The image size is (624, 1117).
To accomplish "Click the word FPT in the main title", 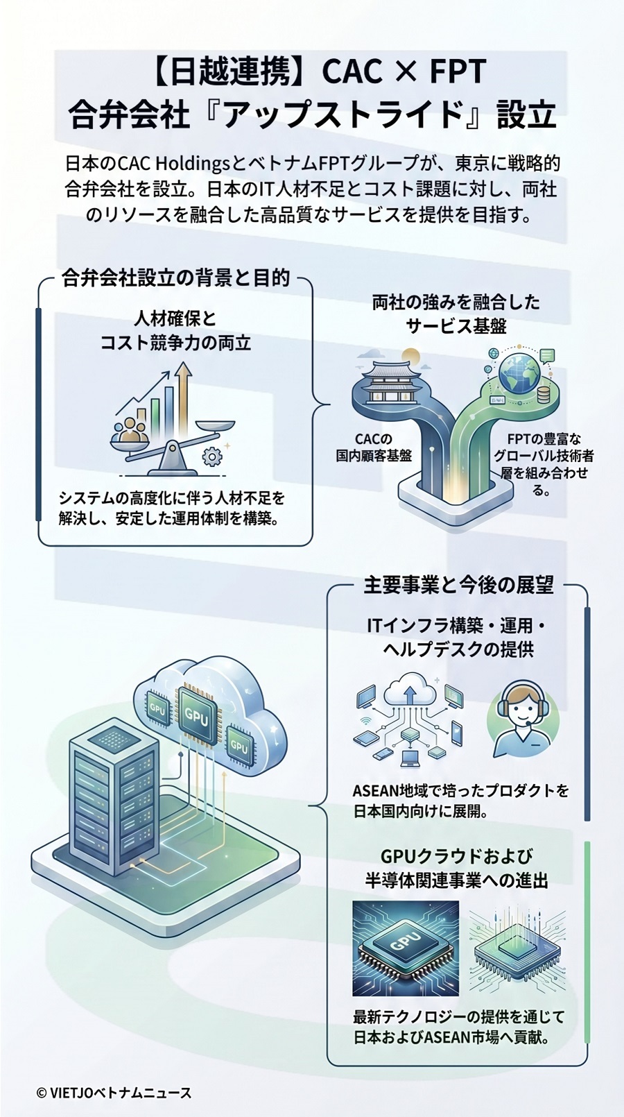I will pos(458,71).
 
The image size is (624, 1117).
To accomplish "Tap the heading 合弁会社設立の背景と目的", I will pos(175,278).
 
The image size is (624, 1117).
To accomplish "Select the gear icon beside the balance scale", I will pos(211,456).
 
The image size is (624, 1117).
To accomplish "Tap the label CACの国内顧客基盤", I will pos(374,447).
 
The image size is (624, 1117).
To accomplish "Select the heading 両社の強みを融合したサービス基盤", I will pos(456,314).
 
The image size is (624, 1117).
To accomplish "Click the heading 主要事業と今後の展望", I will pos(458,585).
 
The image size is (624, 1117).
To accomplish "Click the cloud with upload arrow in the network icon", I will pos(410,691).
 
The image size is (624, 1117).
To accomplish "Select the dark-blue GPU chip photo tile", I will pos(406,948).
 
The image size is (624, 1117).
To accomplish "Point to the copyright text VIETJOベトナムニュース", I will pos(114,1093).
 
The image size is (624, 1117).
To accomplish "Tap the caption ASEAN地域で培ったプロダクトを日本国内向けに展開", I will pos(460,801).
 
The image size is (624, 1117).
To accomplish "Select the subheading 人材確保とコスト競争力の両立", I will pos(175,331).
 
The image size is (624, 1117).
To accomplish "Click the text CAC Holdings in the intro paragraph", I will pos(173,164).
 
